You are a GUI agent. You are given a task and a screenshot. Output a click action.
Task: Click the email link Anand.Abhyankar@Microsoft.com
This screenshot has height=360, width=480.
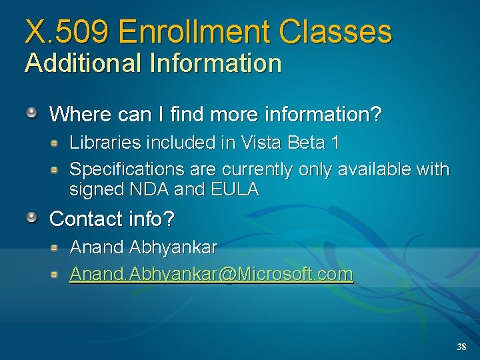(211, 274)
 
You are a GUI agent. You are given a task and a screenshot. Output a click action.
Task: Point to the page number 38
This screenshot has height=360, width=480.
(461, 347)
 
